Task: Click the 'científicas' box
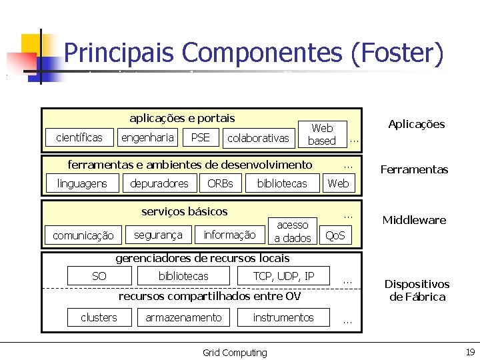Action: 79,138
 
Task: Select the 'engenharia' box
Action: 147,137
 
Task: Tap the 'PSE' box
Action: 200,137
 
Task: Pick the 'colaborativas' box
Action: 258,138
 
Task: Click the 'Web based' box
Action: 322,134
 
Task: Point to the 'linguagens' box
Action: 82,183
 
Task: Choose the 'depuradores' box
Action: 159,183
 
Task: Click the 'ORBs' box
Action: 220,183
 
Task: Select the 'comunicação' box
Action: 83,235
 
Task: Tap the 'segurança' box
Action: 158,235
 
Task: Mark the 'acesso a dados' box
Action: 292,231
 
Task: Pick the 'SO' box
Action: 99,276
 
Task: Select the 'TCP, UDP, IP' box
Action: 283,276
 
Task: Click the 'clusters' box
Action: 99,317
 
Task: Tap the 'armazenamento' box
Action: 183,317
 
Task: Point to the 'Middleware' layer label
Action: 414,220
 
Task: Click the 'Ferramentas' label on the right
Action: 414,169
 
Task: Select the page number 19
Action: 469,352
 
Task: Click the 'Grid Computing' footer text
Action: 235,353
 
